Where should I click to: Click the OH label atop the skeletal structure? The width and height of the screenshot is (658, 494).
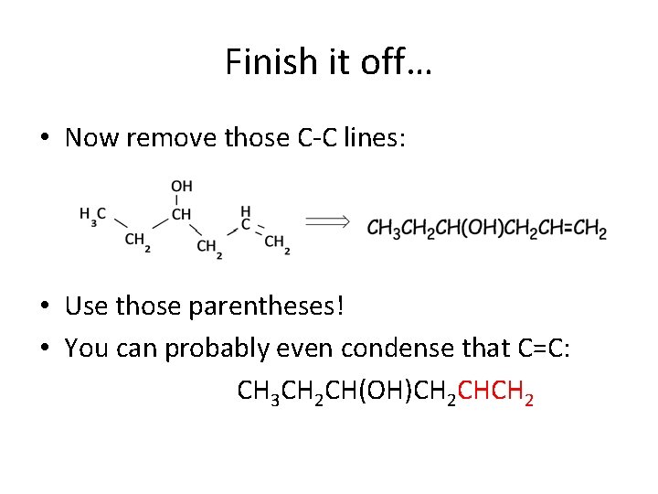(181, 187)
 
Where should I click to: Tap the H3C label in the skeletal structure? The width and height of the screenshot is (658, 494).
(93, 215)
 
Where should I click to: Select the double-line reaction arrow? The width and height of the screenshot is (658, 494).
(327, 221)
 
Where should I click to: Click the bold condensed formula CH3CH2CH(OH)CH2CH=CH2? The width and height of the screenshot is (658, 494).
(486, 229)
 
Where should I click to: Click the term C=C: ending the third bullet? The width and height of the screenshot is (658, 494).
(539, 349)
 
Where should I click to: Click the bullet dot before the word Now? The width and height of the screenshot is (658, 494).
(44, 139)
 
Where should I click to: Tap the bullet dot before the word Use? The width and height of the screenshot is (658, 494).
(44, 306)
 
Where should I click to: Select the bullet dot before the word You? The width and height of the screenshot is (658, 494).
(44, 350)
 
